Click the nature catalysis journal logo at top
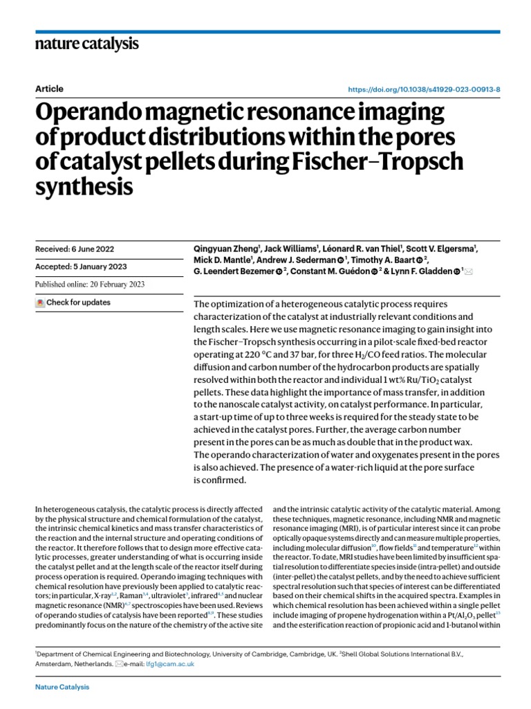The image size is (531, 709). pos(86,44)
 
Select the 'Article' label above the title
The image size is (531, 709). pos(48,89)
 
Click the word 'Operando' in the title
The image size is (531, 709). pos(101,112)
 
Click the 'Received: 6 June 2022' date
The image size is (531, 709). pos(75,249)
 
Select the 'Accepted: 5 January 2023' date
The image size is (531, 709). pos(81,267)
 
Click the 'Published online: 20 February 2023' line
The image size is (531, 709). pos(90,285)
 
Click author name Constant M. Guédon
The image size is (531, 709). pos(328,271)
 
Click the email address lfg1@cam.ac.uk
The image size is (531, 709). pos(176,663)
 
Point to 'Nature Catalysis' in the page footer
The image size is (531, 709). pos(62,687)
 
